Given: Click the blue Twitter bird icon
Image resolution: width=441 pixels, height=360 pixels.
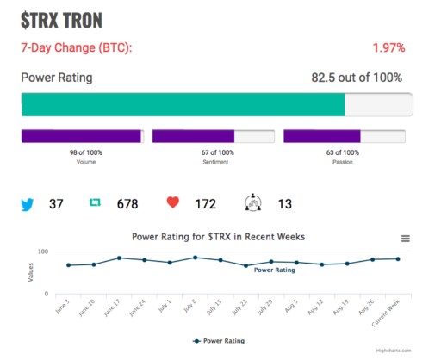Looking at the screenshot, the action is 28,204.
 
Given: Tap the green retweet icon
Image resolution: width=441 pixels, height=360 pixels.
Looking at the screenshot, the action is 95,202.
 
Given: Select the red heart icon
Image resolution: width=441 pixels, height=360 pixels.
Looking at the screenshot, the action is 173,202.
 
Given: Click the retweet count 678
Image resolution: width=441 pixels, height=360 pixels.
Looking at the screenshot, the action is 127,204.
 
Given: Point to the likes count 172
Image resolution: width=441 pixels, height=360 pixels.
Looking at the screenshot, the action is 206,204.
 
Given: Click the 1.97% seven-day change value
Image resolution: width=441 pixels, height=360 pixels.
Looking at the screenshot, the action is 388,47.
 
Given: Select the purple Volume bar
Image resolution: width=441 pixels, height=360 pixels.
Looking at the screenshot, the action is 81,136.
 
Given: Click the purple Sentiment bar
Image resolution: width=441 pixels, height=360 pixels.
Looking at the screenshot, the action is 193,136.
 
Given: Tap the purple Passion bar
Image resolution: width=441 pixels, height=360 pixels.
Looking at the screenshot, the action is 322,136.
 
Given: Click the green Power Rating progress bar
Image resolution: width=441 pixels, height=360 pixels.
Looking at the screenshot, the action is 183,104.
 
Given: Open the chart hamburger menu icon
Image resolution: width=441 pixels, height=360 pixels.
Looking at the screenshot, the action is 406,239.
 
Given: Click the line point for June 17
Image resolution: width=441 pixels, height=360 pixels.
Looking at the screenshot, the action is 119,258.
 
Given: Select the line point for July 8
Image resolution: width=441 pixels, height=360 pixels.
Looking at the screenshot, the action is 196,258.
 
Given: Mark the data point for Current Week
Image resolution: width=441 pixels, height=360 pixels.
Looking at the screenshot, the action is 398,259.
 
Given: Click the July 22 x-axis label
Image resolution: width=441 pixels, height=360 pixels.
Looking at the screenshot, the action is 239,307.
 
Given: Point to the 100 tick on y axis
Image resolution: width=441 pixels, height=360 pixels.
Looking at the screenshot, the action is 43,251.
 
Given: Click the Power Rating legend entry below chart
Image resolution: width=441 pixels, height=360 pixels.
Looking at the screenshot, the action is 219,341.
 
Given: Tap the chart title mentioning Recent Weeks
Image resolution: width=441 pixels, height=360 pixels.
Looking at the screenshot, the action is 218,237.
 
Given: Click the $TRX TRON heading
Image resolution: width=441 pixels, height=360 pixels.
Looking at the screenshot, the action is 61,21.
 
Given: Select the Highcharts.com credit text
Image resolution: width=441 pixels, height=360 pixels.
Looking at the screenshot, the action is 394,351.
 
